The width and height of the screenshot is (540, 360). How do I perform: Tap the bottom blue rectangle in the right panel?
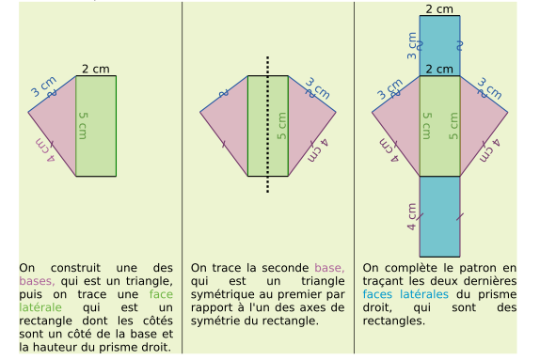click(x=440, y=216)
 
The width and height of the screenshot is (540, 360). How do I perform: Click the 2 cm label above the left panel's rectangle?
click(x=95, y=69)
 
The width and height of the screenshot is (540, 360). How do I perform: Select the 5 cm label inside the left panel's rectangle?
click(x=83, y=126)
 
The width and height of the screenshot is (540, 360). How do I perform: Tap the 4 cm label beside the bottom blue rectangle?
click(x=412, y=217)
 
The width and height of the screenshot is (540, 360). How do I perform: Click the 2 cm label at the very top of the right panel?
click(x=438, y=9)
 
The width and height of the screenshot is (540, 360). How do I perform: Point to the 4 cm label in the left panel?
click(x=40, y=150)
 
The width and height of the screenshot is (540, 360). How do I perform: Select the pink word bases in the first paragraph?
click(x=36, y=280)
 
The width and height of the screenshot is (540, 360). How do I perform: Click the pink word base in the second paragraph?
click(x=329, y=267)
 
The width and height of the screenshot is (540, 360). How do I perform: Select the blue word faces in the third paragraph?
click(x=377, y=293)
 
